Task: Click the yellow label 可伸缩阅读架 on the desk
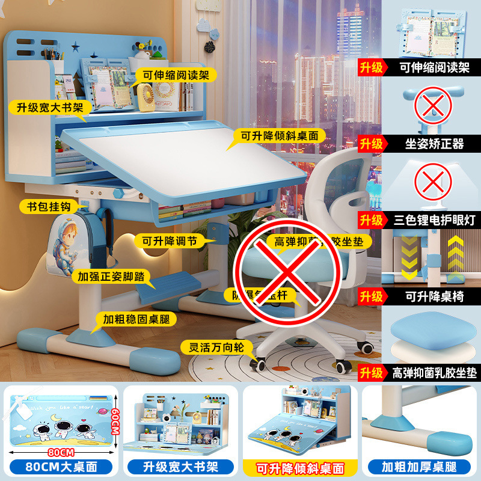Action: coord(171,76)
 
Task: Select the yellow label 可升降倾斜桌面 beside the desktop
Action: coord(280,136)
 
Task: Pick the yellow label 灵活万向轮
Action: coord(216,347)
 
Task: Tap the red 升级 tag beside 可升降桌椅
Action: coord(371,296)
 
